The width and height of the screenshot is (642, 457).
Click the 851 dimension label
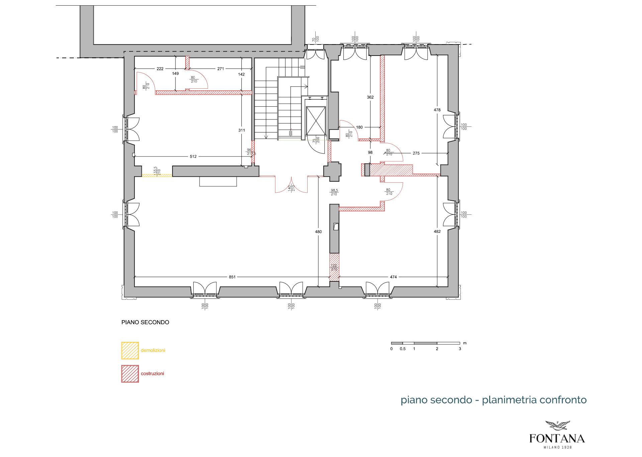coord(232,277)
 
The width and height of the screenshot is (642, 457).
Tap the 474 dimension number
coord(393,277)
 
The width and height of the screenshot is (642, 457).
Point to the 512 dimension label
coord(193,157)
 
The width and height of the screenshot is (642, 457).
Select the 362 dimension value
coord(370,97)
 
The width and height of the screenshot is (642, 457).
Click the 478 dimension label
coord(437,110)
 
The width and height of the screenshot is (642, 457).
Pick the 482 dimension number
coord(437,232)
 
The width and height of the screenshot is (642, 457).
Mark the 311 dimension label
coord(242,130)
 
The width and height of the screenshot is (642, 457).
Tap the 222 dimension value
coord(160,69)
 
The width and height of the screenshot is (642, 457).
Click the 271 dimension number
coord(221,69)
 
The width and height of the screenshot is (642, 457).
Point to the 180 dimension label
coord(359,127)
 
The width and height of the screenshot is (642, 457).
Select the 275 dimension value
coord(416,153)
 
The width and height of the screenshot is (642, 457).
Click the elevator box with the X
coord(316,121)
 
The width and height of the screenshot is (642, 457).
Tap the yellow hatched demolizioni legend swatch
coord(130,350)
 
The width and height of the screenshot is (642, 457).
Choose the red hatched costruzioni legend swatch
coord(130,374)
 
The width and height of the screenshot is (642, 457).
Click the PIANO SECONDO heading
coord(145,323)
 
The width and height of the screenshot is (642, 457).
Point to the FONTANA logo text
coord(557,439)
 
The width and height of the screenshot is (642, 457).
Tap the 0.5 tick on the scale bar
coord(403,349)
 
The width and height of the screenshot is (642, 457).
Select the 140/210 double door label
coord(292,188)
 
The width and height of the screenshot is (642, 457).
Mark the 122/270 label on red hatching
coord(334,267)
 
